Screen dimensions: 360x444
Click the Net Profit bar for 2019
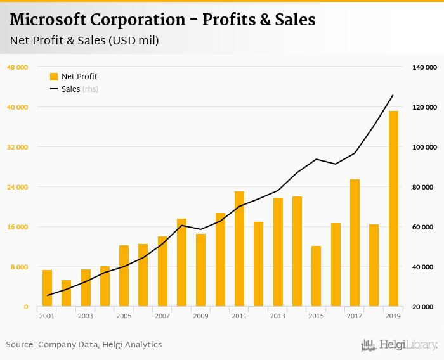(393, 209)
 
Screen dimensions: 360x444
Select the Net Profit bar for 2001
(48, 288)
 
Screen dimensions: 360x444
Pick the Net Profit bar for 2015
(316, 276)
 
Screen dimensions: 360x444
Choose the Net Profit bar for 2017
(355, 243)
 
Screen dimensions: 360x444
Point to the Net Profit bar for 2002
(67, 293)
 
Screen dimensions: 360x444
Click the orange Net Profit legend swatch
(54, 77)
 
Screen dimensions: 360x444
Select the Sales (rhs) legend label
(79, 89)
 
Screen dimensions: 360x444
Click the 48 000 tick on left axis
(18, 67)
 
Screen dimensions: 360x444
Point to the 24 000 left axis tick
(18, 187)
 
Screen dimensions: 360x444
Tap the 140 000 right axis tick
(424, 67)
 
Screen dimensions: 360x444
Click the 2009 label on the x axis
(200, 316)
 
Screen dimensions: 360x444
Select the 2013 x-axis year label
(277, 316)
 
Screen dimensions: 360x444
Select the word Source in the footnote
(20, 345)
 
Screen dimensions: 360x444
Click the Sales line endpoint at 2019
(393, 95)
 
